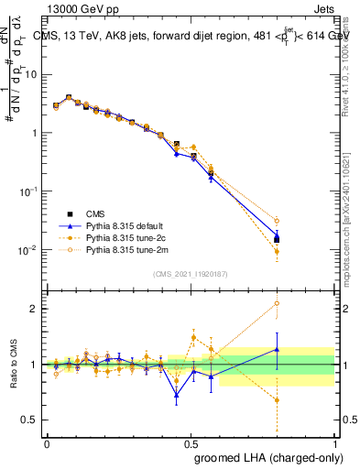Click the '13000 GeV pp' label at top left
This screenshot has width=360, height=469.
pos(77,7)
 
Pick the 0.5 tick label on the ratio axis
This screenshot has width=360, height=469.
pos(31,420)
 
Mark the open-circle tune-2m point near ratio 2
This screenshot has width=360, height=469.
pos(277,303)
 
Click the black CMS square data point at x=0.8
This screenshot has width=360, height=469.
pos(277,239)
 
